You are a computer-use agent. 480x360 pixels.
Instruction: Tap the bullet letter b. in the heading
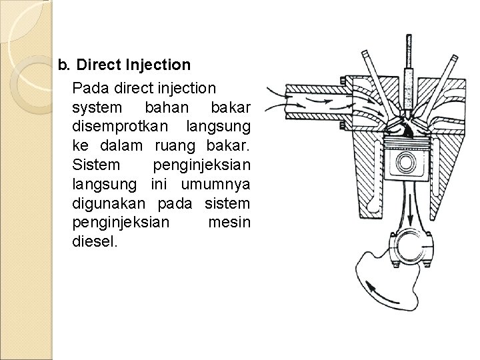tap(65, 65)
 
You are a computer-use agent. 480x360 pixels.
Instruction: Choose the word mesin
tap(229, 221)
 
